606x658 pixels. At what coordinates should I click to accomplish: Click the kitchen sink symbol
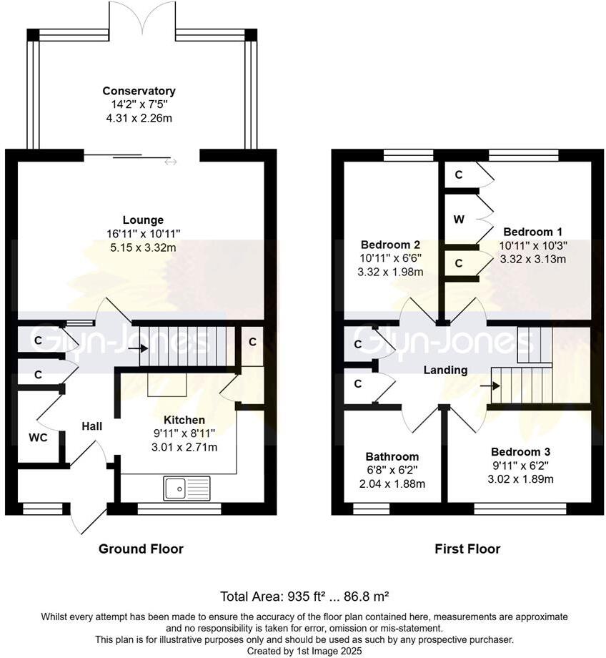(x=187, y=488)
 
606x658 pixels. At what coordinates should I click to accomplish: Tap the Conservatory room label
(x=139, y=91)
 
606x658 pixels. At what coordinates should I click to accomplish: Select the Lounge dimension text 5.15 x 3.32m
(x=143, y=247)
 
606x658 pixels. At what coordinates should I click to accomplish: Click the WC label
(x=38, y=438)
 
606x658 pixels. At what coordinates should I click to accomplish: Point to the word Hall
(x=92, y=426)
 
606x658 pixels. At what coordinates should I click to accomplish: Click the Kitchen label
(x=184, y=420)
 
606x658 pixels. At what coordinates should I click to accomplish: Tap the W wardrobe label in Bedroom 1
(x=460, y=219)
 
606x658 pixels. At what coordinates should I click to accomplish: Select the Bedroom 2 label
(x=390, y=245)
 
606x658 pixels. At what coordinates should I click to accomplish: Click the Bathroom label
(x=392, y=456)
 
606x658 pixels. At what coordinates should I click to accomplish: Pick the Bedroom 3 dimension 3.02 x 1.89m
(x=520, y=478)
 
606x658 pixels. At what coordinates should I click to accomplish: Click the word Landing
(x=445, y=370)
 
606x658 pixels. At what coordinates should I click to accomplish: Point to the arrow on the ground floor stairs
(x=138, y=348)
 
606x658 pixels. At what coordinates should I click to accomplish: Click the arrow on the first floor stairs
(x=490, y=386)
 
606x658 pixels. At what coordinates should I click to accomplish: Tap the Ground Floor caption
(x=141, y=549)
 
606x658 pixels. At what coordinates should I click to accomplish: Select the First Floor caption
(x=467, y=549)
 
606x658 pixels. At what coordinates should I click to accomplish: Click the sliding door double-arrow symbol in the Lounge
(x=171, y=162)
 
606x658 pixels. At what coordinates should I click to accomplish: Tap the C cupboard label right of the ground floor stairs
(x=252, y=342)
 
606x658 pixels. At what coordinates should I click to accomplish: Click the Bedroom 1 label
(x=532, y=232)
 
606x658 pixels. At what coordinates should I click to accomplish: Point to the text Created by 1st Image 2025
(x=304, y=652)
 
